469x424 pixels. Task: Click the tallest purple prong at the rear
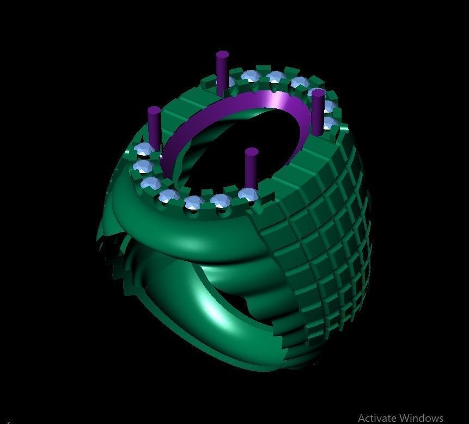[x=222, y=68]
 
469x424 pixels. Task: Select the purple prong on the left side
[x=154, y=128]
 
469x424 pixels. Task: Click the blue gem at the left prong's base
[x=144, y=151]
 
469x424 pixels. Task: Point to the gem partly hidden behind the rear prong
[x=228, y=82]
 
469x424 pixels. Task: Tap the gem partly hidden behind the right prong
[x=327, y=122]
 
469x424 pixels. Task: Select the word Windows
[x=421, y=417]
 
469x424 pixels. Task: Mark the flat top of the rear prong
[x=222, y=54]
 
